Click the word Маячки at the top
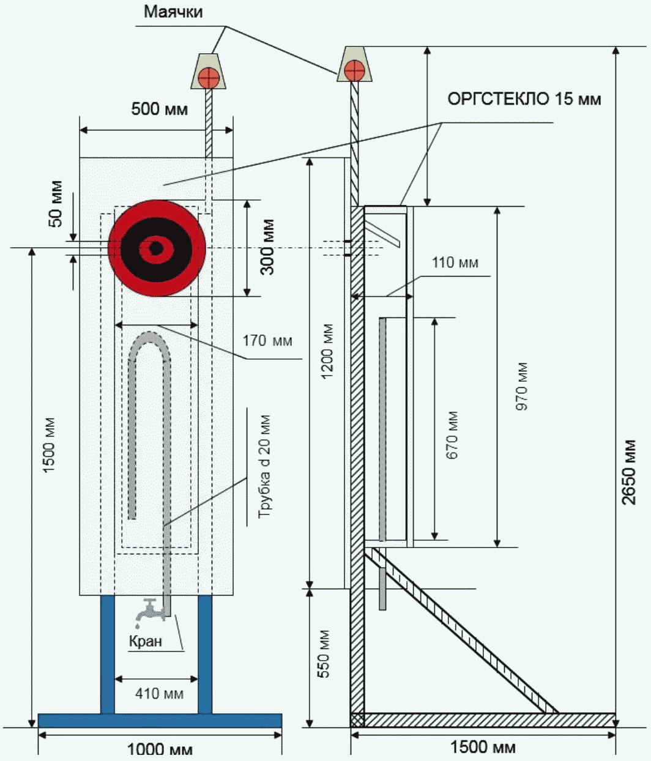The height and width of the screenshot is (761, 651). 173,12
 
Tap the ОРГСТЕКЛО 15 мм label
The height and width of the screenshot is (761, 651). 524,98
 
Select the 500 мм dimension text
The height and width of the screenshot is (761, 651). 159,110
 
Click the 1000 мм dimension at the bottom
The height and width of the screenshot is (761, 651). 159,749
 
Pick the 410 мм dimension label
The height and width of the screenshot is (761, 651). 159,694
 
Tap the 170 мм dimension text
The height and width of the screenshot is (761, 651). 267,340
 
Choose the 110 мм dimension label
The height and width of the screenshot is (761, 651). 455,263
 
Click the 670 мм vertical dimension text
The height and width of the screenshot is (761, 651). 452,435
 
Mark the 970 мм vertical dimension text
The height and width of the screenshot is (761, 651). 522,386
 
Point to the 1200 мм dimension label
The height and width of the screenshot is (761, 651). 327,351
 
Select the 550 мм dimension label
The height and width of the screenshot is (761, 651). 324,653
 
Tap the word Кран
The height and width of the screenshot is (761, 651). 146,641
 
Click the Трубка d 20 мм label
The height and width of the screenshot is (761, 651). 264,467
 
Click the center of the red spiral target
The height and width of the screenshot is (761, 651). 155,248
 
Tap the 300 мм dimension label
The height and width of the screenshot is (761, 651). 267,247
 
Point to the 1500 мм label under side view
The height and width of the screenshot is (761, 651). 483,747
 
